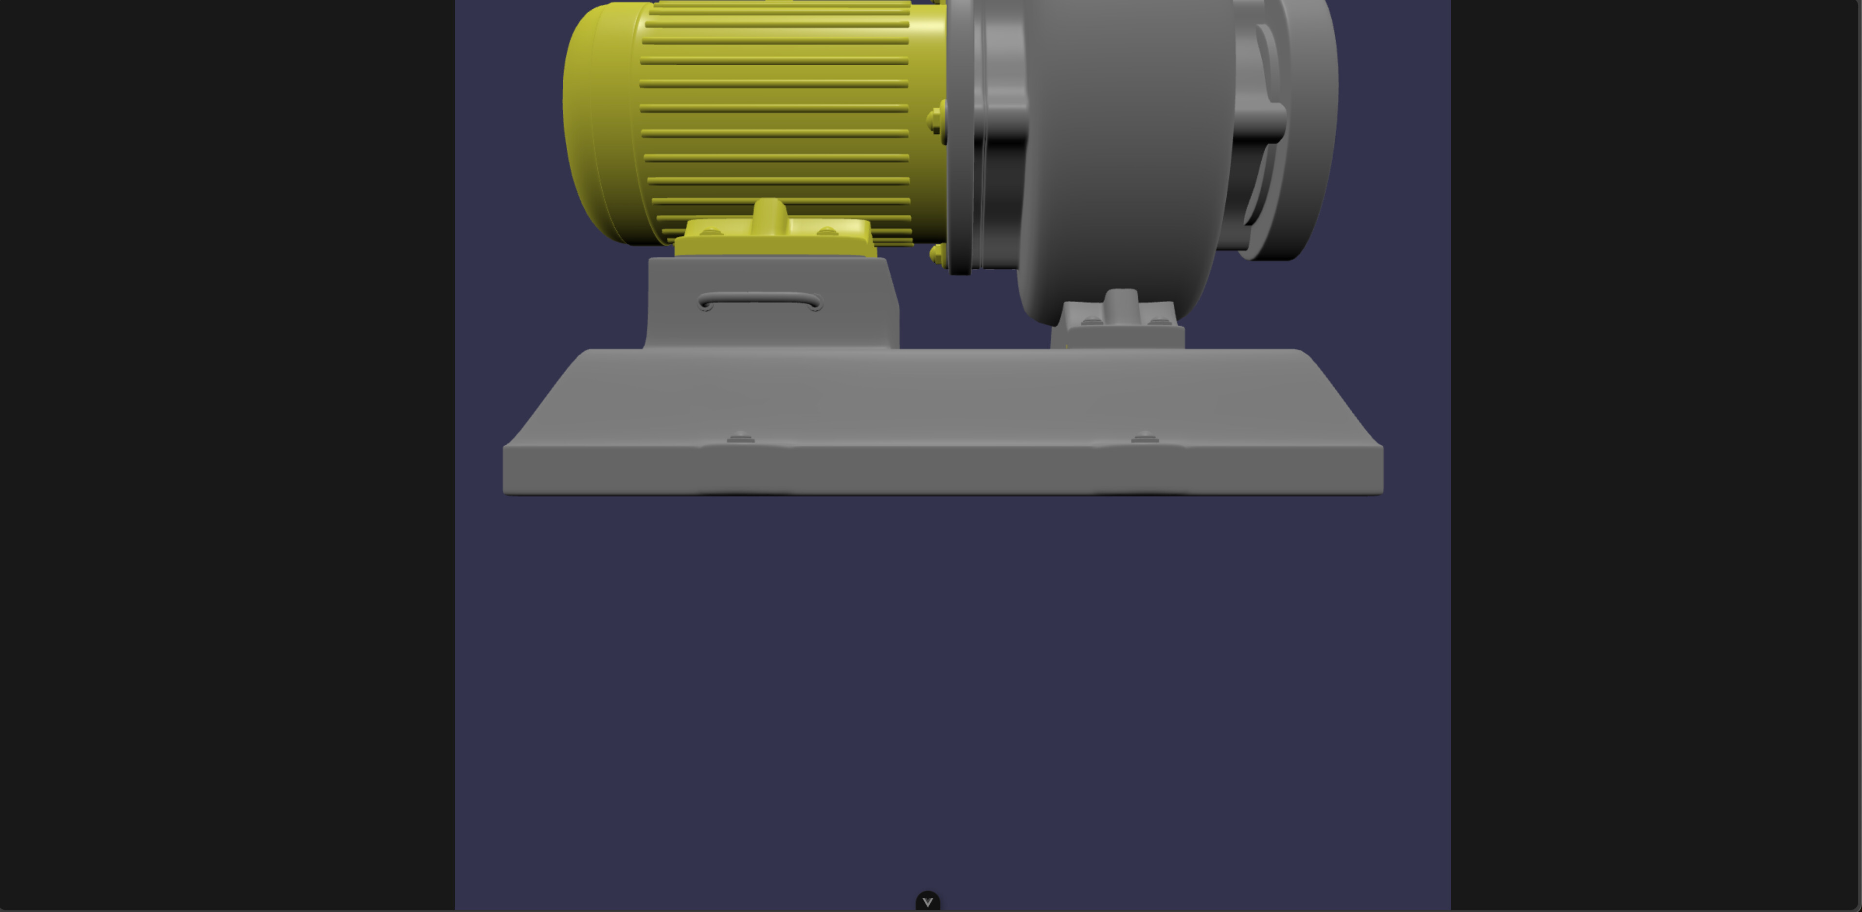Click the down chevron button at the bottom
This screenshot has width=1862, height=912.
(928, 901)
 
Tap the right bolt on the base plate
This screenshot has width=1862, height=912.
(1144, 438)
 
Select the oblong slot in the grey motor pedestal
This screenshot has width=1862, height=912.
(760, 301)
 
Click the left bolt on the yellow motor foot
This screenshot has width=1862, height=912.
(711, 232)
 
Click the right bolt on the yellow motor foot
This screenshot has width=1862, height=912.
(827, 232)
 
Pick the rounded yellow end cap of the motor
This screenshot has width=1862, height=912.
(600, 123)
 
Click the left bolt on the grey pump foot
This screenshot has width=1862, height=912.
(1092, 321)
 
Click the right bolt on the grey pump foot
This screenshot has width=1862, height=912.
(1160, 321)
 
